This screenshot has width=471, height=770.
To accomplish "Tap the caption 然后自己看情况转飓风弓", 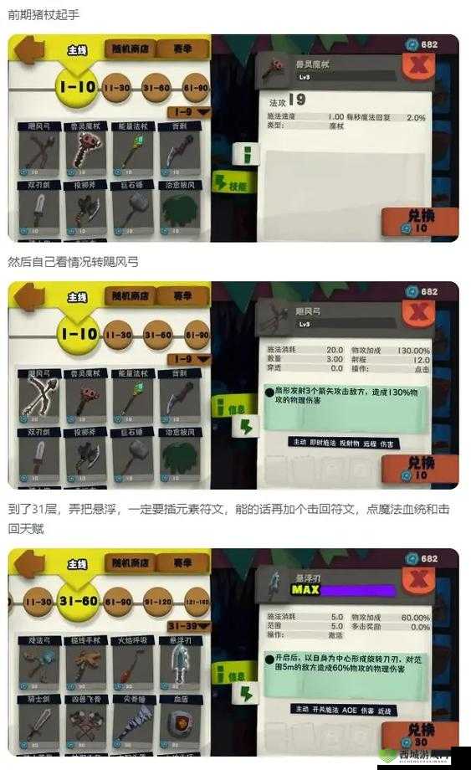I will point(74,262).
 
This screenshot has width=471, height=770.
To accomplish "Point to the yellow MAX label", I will point(305,589).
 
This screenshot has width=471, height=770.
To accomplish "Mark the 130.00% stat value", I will point(413,350).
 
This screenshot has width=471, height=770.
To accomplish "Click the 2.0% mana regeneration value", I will point(416,117).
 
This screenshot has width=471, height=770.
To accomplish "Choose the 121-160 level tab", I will point(197,601).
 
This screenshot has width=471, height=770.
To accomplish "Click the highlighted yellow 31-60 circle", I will point(78,601).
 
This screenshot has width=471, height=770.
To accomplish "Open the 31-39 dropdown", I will point(187,626).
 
